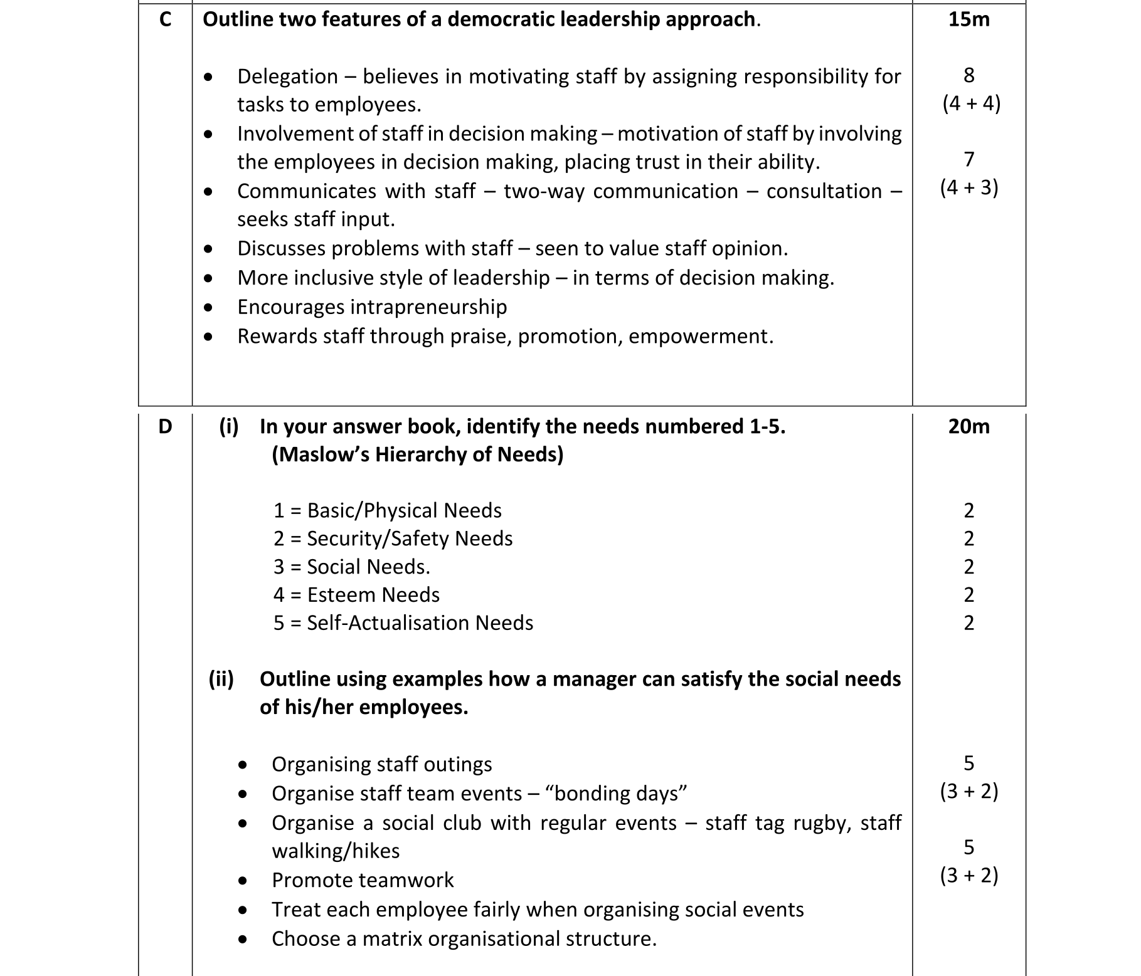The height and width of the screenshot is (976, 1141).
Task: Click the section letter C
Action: pos(165,19)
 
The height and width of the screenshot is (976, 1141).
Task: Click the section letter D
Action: pos(165,426)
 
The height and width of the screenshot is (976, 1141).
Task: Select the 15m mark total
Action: pos(969,19)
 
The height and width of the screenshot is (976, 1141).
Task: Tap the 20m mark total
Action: pos(969,426)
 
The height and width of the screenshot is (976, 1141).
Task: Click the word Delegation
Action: pos(287,76)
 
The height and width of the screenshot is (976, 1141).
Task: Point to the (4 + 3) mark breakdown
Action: pos(969,187)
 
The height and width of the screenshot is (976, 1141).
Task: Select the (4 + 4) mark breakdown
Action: pos(971,103)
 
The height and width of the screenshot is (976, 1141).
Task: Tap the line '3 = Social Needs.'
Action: pos(351,567)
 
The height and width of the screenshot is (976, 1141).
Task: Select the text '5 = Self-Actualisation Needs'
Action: pos(403,623)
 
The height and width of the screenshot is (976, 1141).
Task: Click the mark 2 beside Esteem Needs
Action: pos(969,595)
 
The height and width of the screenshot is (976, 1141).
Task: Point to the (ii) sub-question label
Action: pos(221,679)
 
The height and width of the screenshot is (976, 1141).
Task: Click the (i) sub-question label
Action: pos(228,426)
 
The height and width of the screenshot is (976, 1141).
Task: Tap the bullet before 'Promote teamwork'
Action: pos(243,881)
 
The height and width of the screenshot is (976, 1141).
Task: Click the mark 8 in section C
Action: pos(969,75)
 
